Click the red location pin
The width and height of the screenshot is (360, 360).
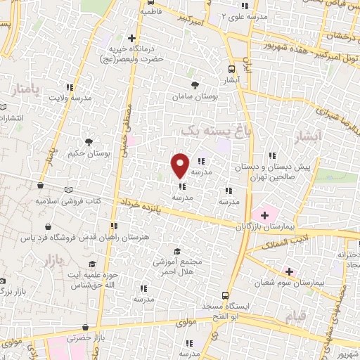pyautogui.click(x=180, y=165)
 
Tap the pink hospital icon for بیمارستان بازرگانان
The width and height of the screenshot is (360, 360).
pyautogui.click(x=265, y=214)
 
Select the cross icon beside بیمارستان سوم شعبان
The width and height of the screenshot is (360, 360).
pyautogui.click(x=289, y=271)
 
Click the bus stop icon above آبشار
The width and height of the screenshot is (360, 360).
pyautogui.click(x=232, y=69)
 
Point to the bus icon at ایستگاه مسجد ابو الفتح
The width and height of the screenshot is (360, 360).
pyautogui.click(x=224, y=296)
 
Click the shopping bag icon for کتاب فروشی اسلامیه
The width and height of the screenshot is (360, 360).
pyautogui.click(x=41, y=186)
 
